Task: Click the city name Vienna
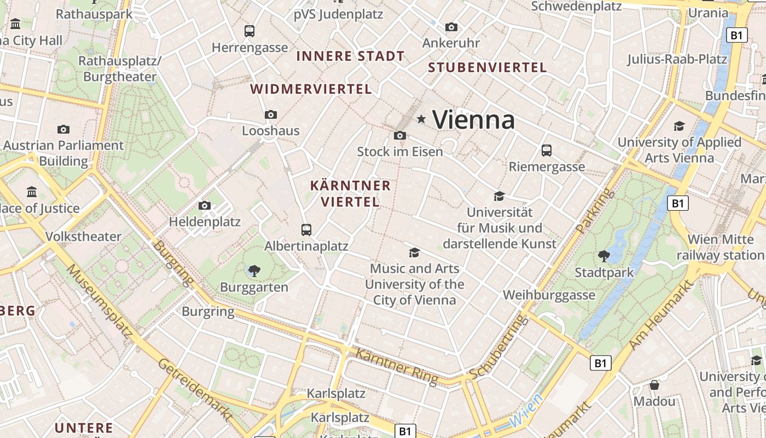click(473, 119)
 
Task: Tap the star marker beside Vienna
click(421, 119)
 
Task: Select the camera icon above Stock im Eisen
click(400, 135)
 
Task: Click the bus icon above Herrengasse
click(249, 31)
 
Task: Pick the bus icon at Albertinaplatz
click(306, 229)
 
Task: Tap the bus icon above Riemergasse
click(546, 150)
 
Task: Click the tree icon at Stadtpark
click(604, 256)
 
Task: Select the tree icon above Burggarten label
click(254, 270)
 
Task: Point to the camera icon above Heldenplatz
click(205, 205)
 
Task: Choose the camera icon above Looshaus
click(271, 114)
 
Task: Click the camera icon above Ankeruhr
click(451, 27)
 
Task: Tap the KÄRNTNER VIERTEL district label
click(350, 194)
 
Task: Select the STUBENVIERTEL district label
click(487, 67)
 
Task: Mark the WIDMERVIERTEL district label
click(311, 89)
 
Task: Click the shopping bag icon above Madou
click(654, 385)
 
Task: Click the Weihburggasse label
click(549, 295)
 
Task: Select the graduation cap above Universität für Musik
click(499, 196)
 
